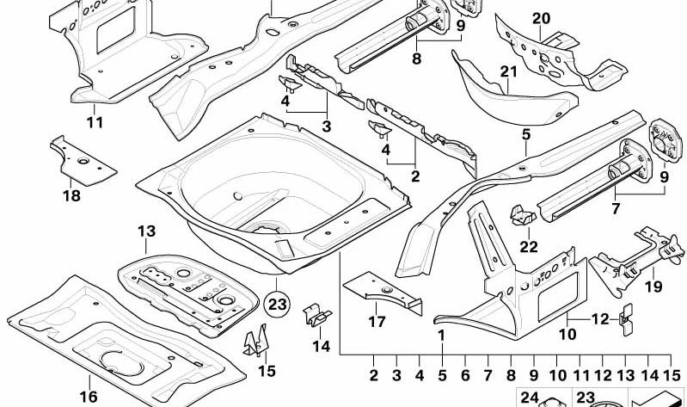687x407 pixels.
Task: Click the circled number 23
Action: pyautogui.click(x=277, y=305)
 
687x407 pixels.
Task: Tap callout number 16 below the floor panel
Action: pyautogui.click(x=88, y=397)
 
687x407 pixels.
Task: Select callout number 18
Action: pyautogui.click(x=72, y=195)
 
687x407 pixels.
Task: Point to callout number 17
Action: pyautogui.click(x=377, y=322)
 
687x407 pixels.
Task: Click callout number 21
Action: pyautogui.click(x=509, y=71)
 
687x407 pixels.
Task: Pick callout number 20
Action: pyautogui.click(x=541, y=19)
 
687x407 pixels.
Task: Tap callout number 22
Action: pyautogui.click(x=529, y=246)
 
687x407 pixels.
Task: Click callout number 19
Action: pyautogui.click(x=653, y=287)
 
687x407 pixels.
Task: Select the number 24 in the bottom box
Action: pyautogui.click(x=530, y=398)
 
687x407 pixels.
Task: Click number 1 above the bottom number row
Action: pyautogui.click(x=442, y=335)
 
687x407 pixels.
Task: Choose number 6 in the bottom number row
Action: pyautogui.click(x=465, y=375)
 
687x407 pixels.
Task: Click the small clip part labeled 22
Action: pyautogui.click(x=523, y=215)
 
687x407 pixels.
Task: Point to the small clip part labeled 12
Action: pyautogui.click(x=627, y=319)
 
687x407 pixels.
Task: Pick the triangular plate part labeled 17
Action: pyautogui.click(x=382, y=292)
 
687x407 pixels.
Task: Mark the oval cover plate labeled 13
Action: pyautogui.click(x=187, y=295)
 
